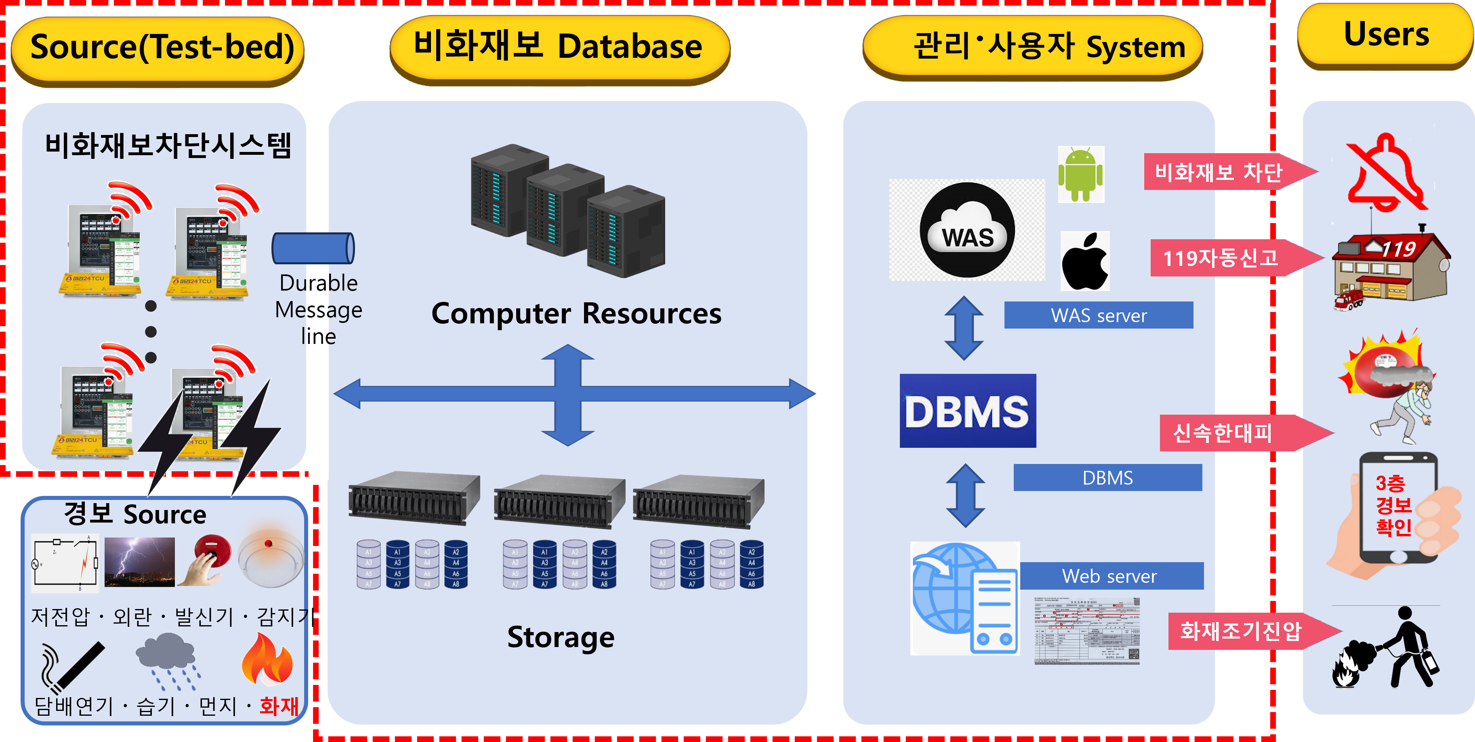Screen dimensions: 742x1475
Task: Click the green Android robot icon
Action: (1080, 174)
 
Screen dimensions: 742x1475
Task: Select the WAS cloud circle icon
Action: (967, 230)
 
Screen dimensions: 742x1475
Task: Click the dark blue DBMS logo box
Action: (968, 411)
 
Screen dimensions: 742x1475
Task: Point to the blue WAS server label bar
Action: (1098, 315)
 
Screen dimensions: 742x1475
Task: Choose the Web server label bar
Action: (1111, 576)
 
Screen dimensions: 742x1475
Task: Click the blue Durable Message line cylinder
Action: (313, 248)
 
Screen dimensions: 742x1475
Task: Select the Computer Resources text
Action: (576, 314)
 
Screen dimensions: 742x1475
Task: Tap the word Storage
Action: (561, 637)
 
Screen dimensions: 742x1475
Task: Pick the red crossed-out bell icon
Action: (1387, 174)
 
